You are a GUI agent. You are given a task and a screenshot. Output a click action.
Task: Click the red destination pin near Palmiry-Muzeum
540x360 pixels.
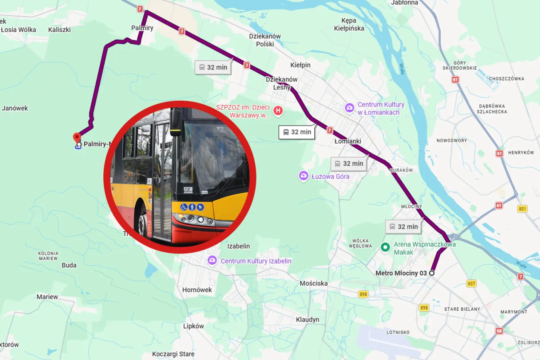tap(77, 137)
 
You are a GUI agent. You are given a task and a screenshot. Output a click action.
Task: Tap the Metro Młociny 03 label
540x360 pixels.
tap(401, 273)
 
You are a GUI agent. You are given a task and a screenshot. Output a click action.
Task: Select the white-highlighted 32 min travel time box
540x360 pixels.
tap(297, 132)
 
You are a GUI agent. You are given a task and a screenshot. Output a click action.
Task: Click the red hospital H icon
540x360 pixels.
tap(278, 111)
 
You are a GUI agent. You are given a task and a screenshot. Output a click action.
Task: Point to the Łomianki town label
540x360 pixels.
tap(348, 141)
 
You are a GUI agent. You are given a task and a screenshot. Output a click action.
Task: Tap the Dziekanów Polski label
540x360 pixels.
tap(265, 40)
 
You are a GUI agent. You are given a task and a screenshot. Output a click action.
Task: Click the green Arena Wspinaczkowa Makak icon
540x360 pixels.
tap(385, 247)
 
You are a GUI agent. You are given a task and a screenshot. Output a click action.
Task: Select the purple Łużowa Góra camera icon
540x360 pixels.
tap(304, 176)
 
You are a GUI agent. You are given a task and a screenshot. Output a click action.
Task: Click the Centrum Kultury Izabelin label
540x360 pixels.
tap(256, 261)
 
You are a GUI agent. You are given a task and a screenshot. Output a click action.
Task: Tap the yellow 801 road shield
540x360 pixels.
tap(522, 209)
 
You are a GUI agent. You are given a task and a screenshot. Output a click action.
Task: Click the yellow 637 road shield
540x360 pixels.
tap(471, 284)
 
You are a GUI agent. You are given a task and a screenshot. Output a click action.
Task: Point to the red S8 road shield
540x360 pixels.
tap(499, 331)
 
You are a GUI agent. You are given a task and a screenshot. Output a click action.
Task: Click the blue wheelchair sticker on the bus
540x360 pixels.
tap(184, 207)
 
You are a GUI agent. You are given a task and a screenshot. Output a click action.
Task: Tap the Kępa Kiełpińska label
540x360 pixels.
tap(349, 24)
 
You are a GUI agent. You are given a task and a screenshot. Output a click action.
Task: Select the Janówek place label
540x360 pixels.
tap(15, 108)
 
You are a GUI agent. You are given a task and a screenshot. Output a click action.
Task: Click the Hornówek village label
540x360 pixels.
tap(197, 290)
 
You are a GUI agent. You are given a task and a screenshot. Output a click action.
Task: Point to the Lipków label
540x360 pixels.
tap(193, 326)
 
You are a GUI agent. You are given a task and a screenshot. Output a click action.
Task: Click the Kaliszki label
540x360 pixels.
tap(59, 30)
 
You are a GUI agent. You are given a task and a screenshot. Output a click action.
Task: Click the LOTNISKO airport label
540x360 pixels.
tap(398, 332)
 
